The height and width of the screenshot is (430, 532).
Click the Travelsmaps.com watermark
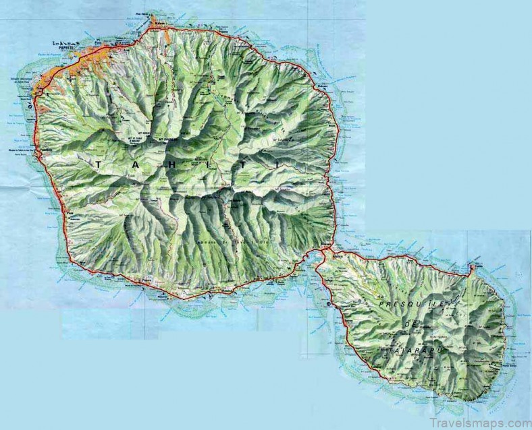coord(472,422)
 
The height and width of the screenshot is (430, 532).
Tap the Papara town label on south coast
coord(143,278)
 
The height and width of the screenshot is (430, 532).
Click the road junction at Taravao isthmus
coord(325,251)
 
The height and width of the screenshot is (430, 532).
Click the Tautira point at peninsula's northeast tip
coord(472,267)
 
